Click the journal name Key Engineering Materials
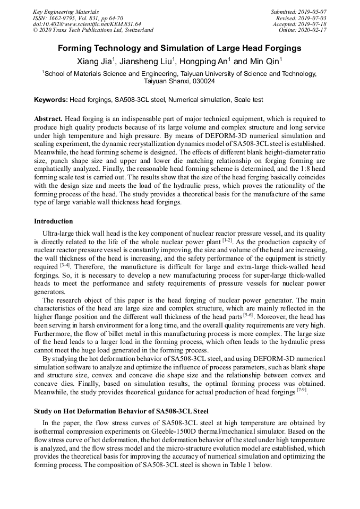coord(66,11)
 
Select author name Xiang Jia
coord(95,62)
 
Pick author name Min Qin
coord(264,62)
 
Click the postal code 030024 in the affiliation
coord(202,82)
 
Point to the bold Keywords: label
coord(51,100)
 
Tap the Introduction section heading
coord(53,221)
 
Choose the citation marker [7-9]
coord(301,391)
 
